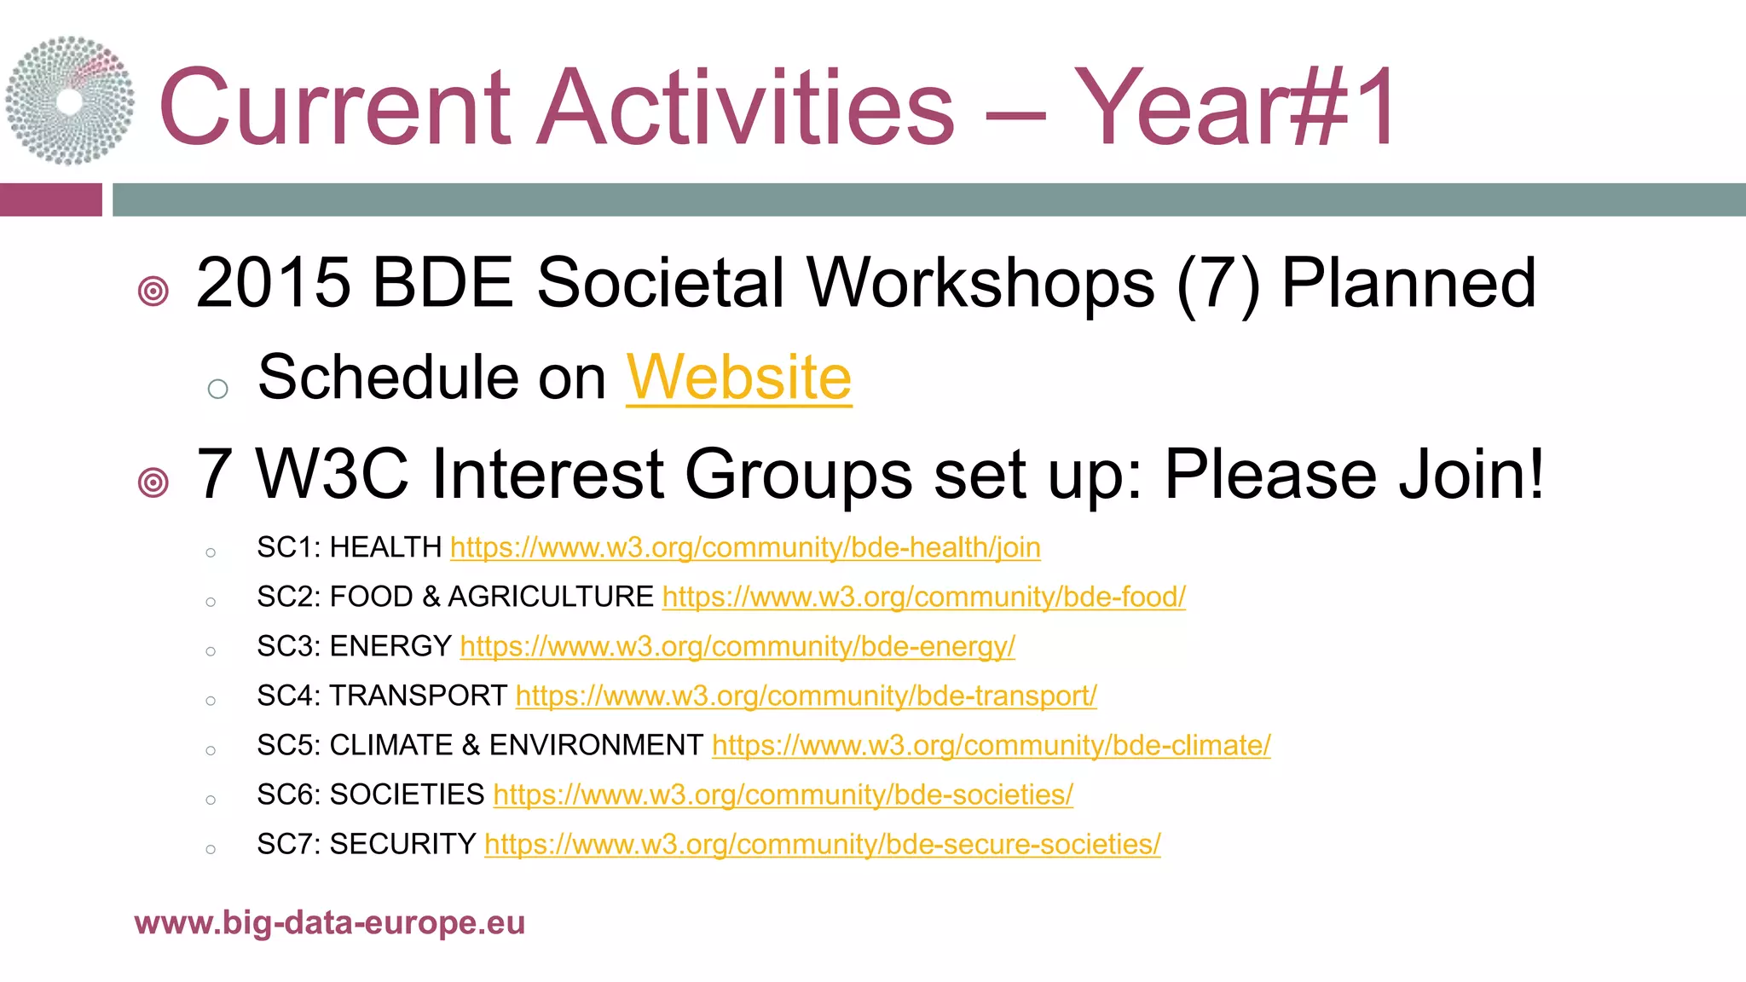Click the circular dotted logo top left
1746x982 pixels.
click(x=70, y=101)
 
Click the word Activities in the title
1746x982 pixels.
click(x=746, y=108)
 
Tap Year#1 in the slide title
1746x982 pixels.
click(x=1234, y=108)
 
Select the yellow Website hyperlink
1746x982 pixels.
click(x=738, y=378)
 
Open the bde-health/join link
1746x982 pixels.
click(x=745, y=547)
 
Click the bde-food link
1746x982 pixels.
click(x=923, y=597)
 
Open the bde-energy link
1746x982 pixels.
click(x=737, y=646)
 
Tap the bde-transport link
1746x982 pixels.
click(x=806, y=696)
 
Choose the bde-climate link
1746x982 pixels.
click(x=991, y=745)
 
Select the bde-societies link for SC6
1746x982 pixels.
click(x=783, y=794)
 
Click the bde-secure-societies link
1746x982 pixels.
click(x=822, y=844)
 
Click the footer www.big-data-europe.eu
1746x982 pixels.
click(x=329, y=922)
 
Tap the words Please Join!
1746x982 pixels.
click(x=1354, y=475)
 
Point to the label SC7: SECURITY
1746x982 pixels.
click(x=366, y=844)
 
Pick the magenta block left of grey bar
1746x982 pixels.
click(x=50, y=199)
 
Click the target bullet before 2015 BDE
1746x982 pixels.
click(x=153, y=292)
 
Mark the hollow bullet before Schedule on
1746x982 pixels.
click(x=218, y=389)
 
